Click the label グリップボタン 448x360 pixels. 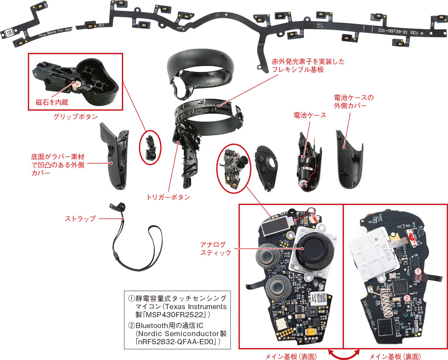[75, 117]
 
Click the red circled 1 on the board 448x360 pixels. [419, 270]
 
